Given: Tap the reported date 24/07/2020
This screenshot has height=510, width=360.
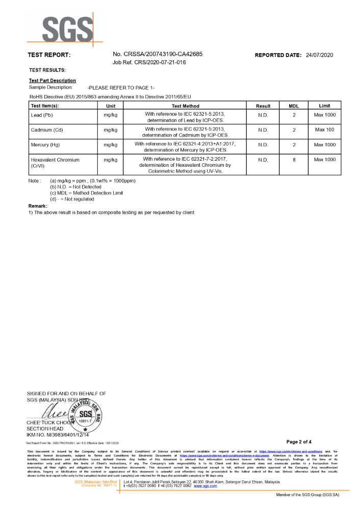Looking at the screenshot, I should pyautogui.click(x=319, y=55).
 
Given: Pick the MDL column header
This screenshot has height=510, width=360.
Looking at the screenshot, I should pyautogui.click(x=294, y=106).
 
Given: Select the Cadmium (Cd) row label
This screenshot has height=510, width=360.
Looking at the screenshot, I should pyautogui.click(x=47, y=130).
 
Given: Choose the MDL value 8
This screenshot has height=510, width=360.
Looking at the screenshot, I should pyautogui.click(x=294, y=160).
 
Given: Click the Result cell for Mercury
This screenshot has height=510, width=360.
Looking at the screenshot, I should pyautogui.click(x=263, y=145).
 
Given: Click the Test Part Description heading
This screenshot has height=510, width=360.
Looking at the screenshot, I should pyautogui.click(x=53, y=81).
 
